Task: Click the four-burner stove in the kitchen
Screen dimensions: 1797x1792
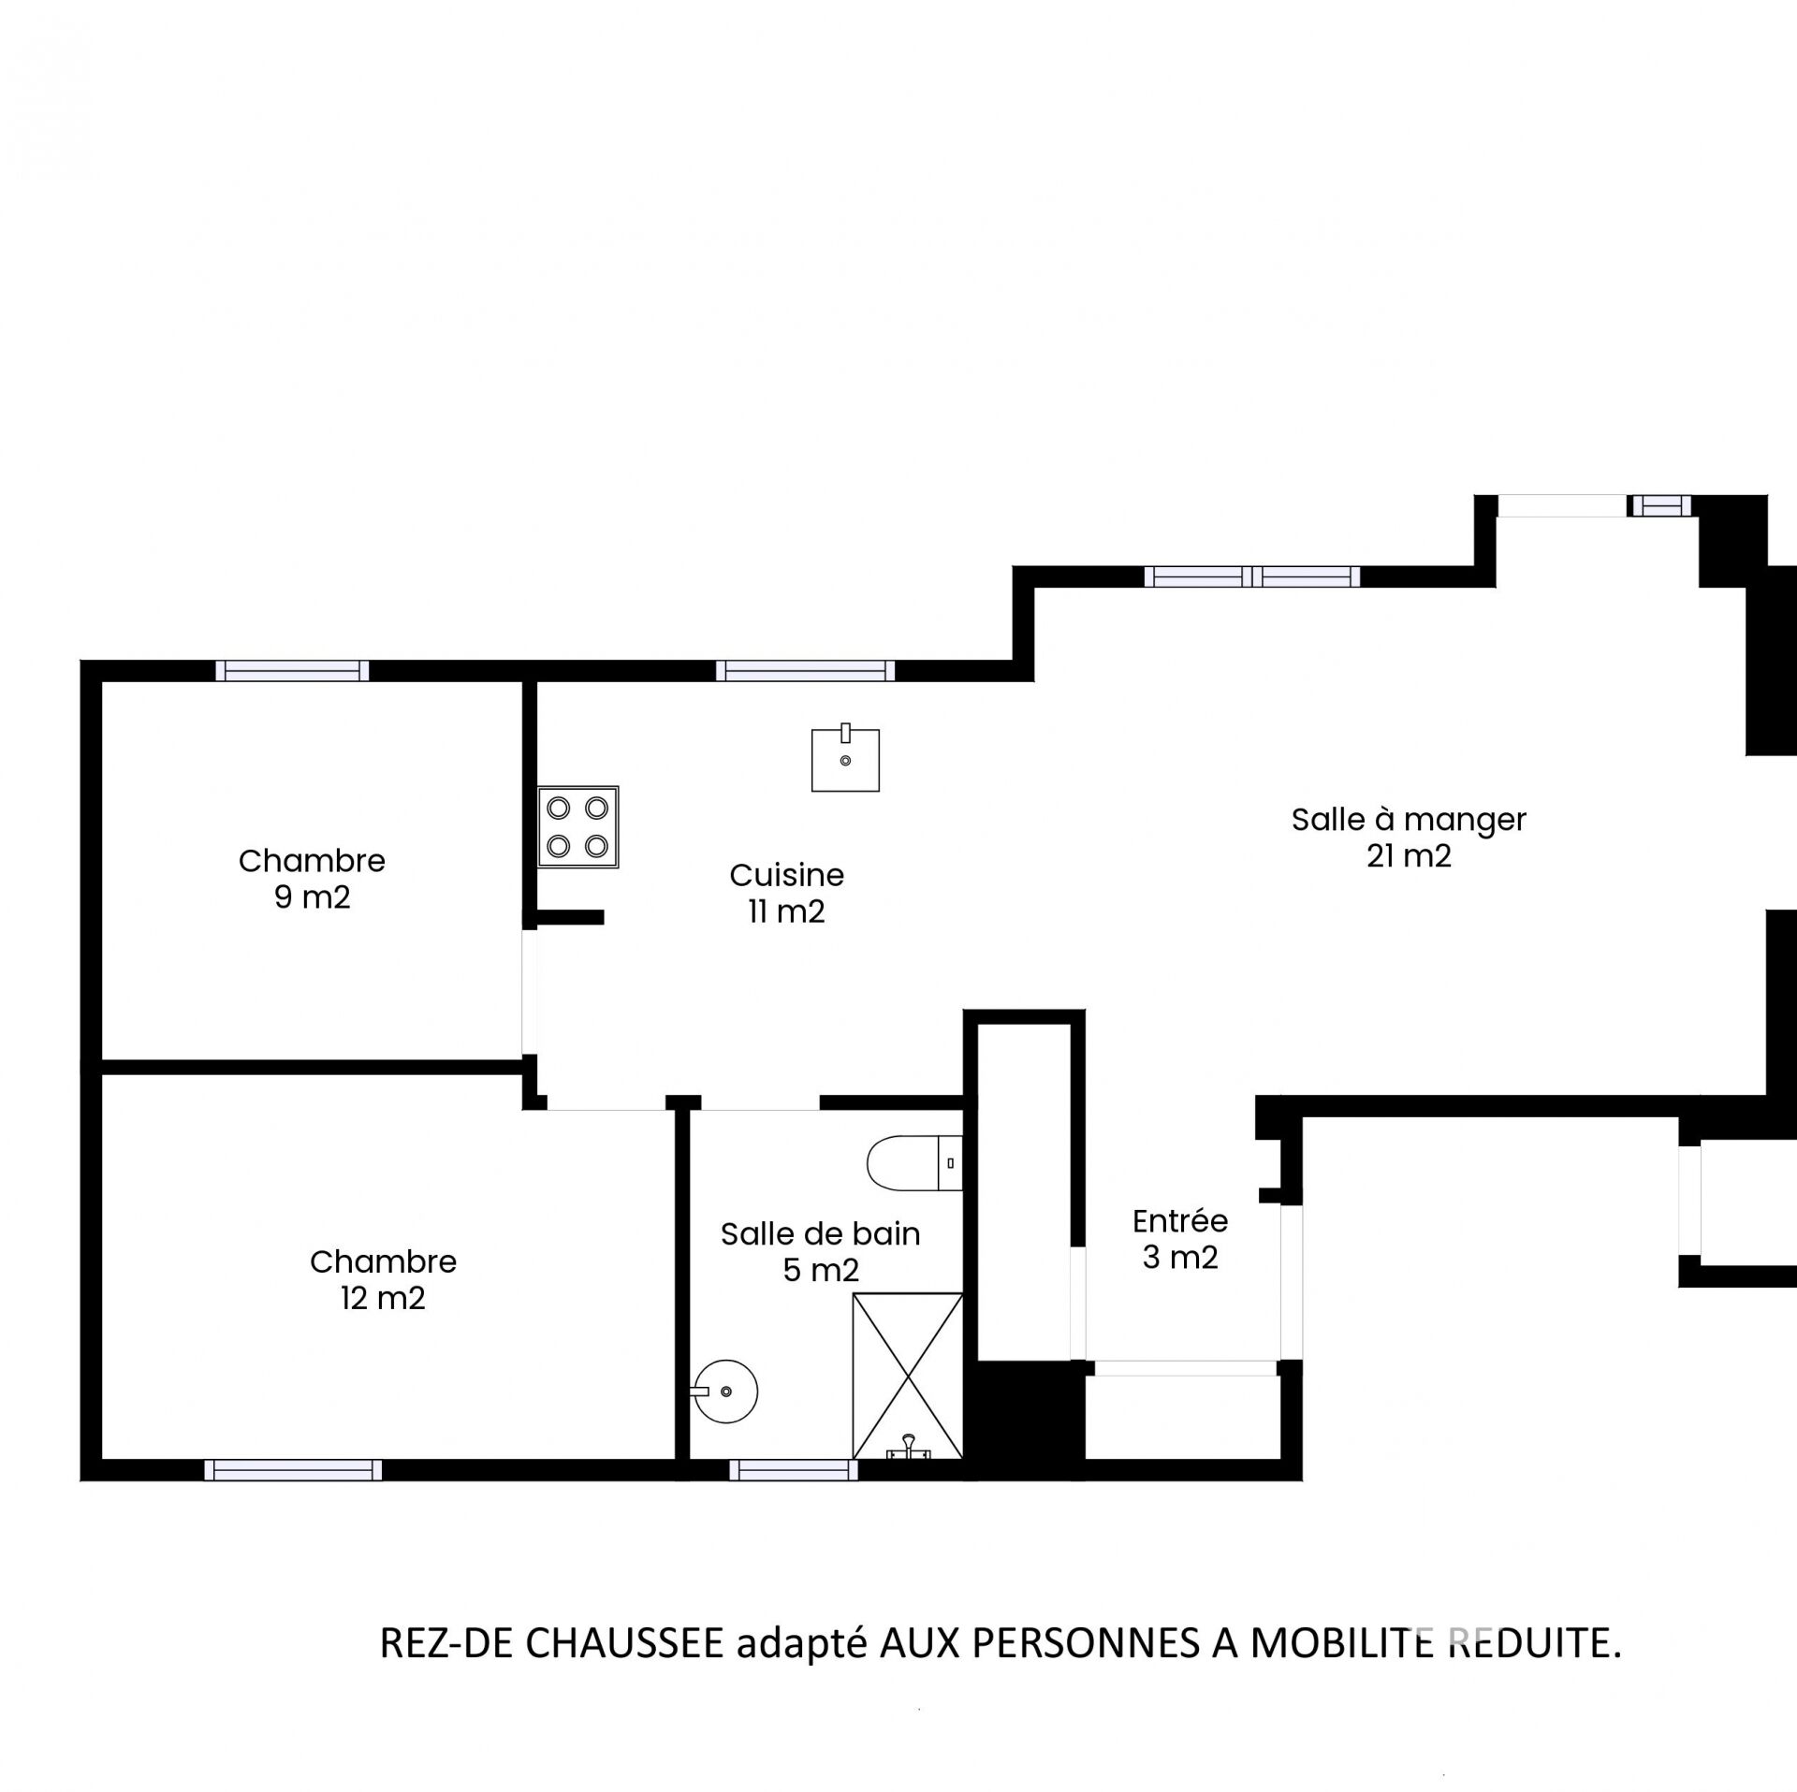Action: (x=578, y=826)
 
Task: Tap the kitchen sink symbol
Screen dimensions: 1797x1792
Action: (x=845, y=757)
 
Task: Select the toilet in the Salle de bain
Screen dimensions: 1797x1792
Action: (x=914, y=1163)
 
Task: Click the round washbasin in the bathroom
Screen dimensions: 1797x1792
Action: (x=725, y=1391)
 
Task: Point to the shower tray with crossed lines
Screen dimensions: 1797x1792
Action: (x=907, y=1376)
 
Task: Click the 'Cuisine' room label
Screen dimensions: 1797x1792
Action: (x=787, y=875)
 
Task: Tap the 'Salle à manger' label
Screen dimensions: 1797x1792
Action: (x=1409, y=820)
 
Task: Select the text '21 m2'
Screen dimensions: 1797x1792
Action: (x=1409, y=856)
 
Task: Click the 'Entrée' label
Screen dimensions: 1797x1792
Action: (x=1180, y=1221)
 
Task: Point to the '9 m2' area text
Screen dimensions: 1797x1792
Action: (x=313, y=897)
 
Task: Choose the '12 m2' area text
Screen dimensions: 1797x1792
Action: (x=383, y=1299)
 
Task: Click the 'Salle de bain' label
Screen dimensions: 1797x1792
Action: (x=821, y=1234)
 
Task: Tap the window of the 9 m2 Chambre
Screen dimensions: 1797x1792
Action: (x=292, y=670)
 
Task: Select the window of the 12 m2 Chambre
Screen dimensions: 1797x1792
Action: (x=293, y=1470)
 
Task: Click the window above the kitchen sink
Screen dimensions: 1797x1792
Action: (x=805, y=670)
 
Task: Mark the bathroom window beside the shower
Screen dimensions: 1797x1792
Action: (x=794, y=1470)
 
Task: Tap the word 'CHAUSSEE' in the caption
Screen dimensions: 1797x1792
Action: (x=624, y=1643)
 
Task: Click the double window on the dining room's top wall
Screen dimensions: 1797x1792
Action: (x=1252, y=576)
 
